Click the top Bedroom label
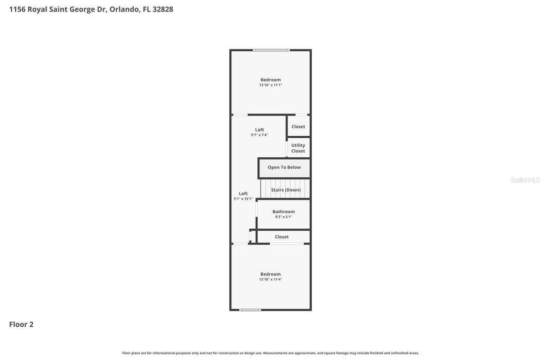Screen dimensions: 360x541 pyautogui.click(x=270, y=80)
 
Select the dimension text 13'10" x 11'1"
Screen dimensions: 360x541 pyautogui.click(x=270, y=85)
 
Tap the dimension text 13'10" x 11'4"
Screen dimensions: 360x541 pyautogui.click(x=270, y=279)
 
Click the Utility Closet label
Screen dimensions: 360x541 pyautogui.click(x=298, y=148)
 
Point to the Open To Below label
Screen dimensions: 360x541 pyautogui.click(x=284, y=167)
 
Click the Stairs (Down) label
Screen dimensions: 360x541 pyautogui.click(x=286, y=190)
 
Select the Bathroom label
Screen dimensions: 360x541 pyautogui.click(x=284, y=212)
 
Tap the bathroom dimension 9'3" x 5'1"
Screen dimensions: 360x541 pyautogui.click(x=284, y=217)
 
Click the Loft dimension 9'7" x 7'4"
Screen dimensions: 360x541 pyautogui.click(x=259, y=135)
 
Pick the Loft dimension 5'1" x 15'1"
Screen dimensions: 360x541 pyautogui.click(x=243, y=199)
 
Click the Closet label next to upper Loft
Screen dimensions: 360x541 pyautogui.click(x=298, y=127)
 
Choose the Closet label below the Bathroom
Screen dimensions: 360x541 pyautogui.click(x=282, y=237)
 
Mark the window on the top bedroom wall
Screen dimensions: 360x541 pyautogui.click(x=271, y=50)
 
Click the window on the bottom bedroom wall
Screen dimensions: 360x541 pyautogui.click(x=250, y=310)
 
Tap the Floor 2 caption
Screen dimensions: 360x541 pyautogui.click(x=21, y=325)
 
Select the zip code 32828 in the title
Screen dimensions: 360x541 pyautogui.click(x=163, y=9)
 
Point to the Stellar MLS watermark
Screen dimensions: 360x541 pyautogui.click(x=525, y=180)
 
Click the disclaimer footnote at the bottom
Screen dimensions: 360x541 pyautogui.click(x=270, y=353)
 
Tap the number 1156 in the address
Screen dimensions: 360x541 pyautogui.click(x=17, y=9)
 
